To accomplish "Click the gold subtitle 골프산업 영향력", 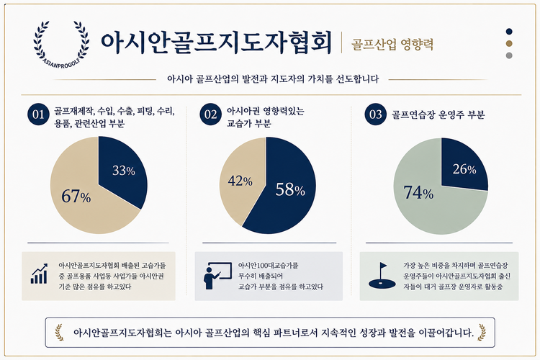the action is click(392, 45).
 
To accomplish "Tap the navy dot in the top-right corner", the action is click(509, 32).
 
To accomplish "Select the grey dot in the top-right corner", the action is click(509, 55).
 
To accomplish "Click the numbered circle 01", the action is click(38, 114).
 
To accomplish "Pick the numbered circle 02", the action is click(210, 114).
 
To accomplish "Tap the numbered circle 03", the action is click(375, 114).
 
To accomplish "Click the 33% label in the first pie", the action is click(124, 171).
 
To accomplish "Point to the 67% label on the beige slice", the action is click(76, 197).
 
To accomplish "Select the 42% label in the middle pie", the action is click(240, 181).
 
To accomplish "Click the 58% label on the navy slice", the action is click(290, 190).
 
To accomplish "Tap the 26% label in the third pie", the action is click(464, 169).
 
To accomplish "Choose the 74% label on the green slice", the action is click(418, 192).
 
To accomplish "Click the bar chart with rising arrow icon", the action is click(40, 274).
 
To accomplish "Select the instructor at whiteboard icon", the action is click(217, 276).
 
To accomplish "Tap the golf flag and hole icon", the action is click(382, 275).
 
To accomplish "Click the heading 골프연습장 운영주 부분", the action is click(438, 114).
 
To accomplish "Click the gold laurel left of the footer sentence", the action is click(59, 332).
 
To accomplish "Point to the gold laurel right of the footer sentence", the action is click(482, 332).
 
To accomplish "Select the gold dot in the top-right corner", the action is click(509, 43).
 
